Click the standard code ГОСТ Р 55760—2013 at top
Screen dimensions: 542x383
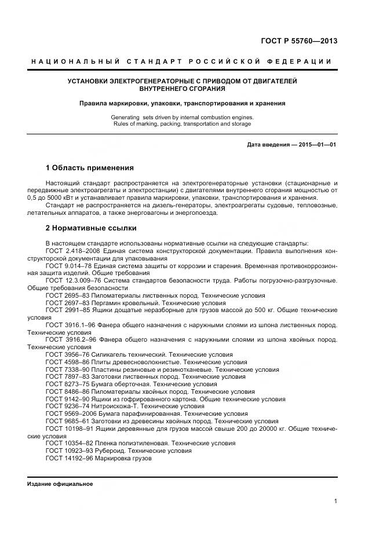300,41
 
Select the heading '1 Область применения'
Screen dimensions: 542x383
89,168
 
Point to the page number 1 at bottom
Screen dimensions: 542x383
335,501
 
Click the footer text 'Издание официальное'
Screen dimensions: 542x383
60,484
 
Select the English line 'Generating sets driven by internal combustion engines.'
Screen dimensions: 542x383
182,117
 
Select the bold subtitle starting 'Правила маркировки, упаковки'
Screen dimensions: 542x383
182,104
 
